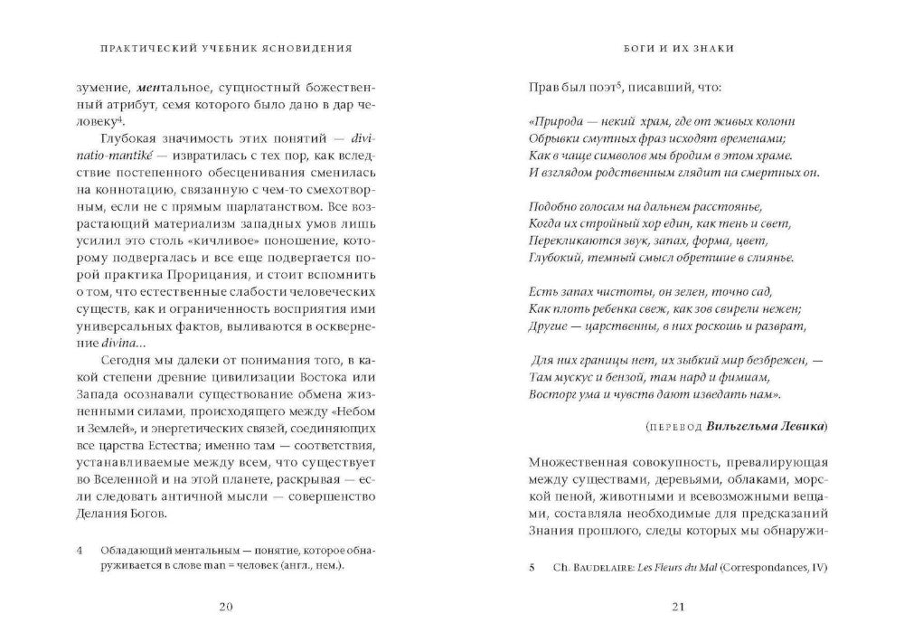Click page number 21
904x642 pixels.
click(677, 607)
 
